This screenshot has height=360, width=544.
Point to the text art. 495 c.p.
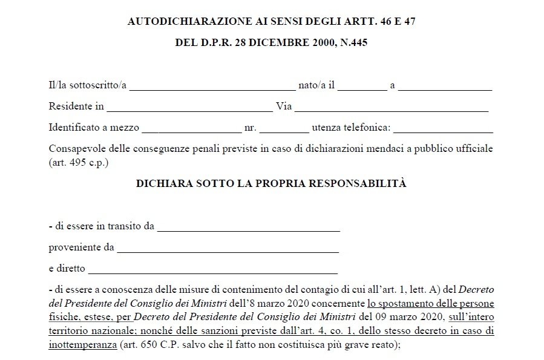[x=78, y=163]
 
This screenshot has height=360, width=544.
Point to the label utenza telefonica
[x=351, y=128]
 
